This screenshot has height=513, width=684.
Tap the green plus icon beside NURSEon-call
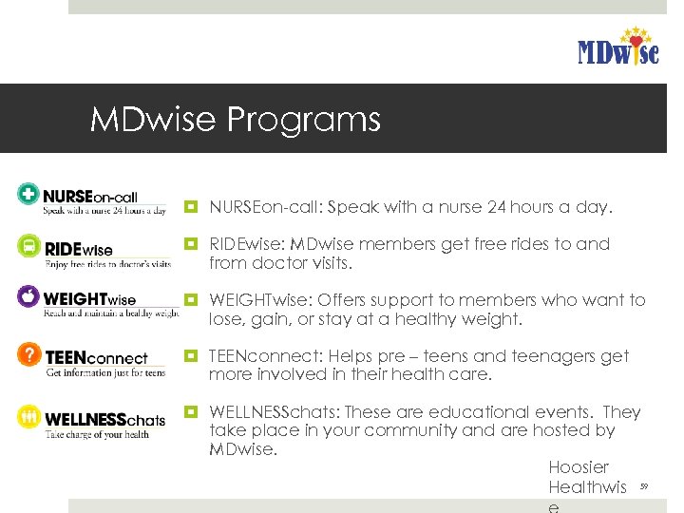coord(29,194)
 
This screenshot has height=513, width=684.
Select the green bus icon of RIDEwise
coord(29,247)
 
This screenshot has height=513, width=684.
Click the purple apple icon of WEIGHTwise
coord(29,297)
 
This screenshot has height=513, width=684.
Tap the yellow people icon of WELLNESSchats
coord(29,416)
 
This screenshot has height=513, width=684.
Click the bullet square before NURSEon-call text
coord(192,206)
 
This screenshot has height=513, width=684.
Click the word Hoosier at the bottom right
coord(579,467)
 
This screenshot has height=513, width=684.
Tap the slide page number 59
coord(643,485)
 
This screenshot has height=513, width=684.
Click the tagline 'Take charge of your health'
coord(98,434)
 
